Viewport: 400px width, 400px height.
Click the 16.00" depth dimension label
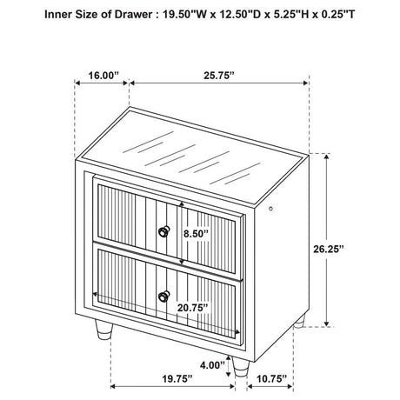(x=103, y=76)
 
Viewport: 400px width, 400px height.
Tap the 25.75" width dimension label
(x=218, y=76)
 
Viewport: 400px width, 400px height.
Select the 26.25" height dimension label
(x=328, y=249)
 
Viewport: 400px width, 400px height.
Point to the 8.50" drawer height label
(x=196, y=234)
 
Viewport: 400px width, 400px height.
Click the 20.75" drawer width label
(x=193, y=308)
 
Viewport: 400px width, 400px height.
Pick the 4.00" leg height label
(x=212, y=365)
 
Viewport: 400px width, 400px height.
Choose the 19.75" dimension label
(x=177, y=378)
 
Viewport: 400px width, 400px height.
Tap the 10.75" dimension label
(x=271, y=378)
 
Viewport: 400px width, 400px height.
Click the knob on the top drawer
(x=163, y=231)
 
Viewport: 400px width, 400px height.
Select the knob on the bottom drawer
(x=163, y=296)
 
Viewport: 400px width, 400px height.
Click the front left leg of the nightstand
(x=104, y=330)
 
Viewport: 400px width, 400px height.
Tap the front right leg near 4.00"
(x=241, y=367)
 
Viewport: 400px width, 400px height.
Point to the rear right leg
(x=300, y=322)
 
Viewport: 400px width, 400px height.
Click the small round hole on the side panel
(x=271, y=209)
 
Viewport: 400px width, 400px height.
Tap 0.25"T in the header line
(x=337, y=15)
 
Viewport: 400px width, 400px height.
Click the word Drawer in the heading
(x=132, y=15)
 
